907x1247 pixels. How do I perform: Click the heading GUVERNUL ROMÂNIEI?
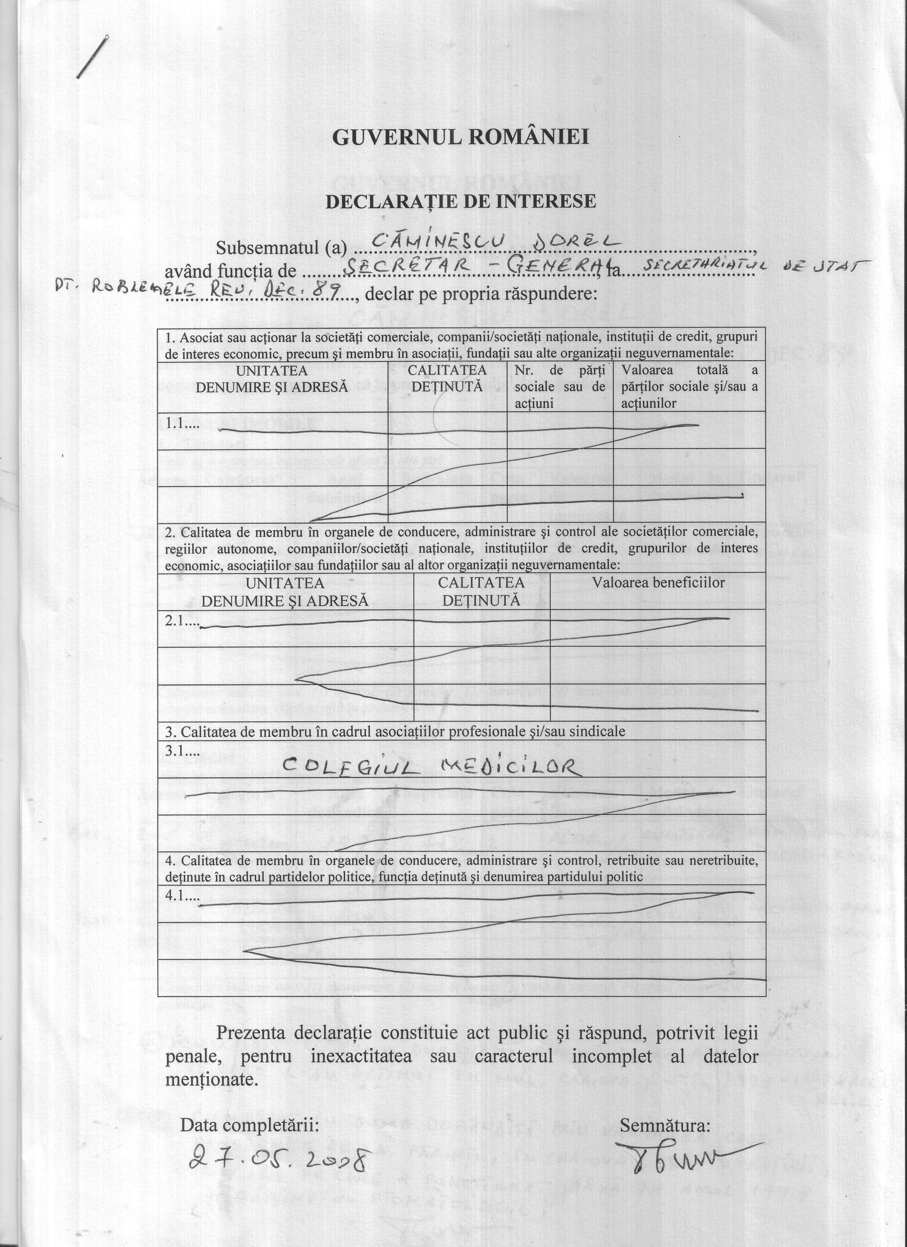[x=460, y=137]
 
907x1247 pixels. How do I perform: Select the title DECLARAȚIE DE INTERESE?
[x=460, y=201]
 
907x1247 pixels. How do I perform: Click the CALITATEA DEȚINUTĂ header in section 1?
[x=447, y=378]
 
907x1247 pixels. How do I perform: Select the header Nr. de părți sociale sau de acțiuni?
[x=560, y=386]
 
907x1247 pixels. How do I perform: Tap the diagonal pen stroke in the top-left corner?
[x=92, y=57]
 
